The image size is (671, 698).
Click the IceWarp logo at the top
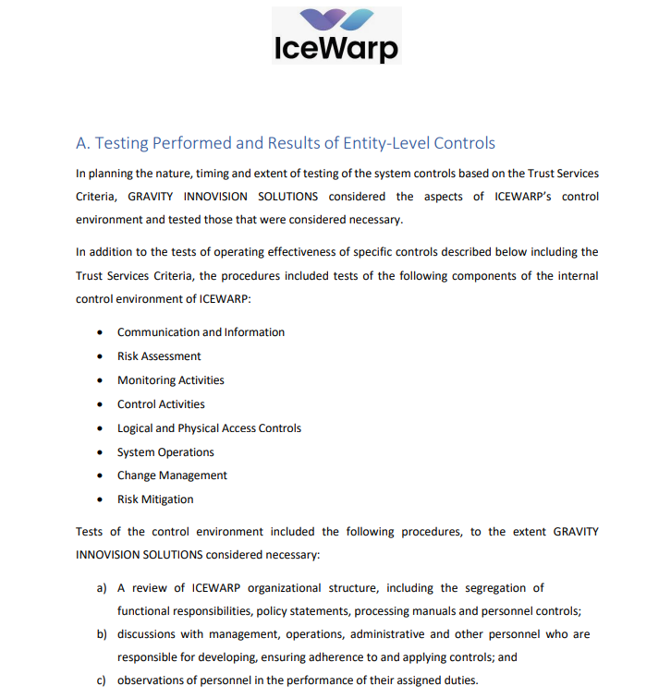click(336, 35)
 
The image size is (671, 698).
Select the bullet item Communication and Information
click(201, 332)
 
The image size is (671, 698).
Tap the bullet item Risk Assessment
click(159, 356)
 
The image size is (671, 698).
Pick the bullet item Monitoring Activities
click(170, 380)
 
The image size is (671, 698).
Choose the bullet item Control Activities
click(161, 404)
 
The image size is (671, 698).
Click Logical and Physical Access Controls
click(209, 428)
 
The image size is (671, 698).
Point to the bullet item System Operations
click(165, 452)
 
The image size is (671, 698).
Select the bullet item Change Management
click(172, 475)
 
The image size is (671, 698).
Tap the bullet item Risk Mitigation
click(155, 499)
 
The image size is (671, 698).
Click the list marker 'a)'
click(103, 588)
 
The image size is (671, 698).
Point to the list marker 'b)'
click(103, 635)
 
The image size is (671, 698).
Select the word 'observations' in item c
click(152, 681)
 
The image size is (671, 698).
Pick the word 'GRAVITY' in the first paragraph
click(152, 197)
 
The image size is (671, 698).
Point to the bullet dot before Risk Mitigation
click(100, 499)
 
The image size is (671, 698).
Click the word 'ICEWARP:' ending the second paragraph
click(226, 299)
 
